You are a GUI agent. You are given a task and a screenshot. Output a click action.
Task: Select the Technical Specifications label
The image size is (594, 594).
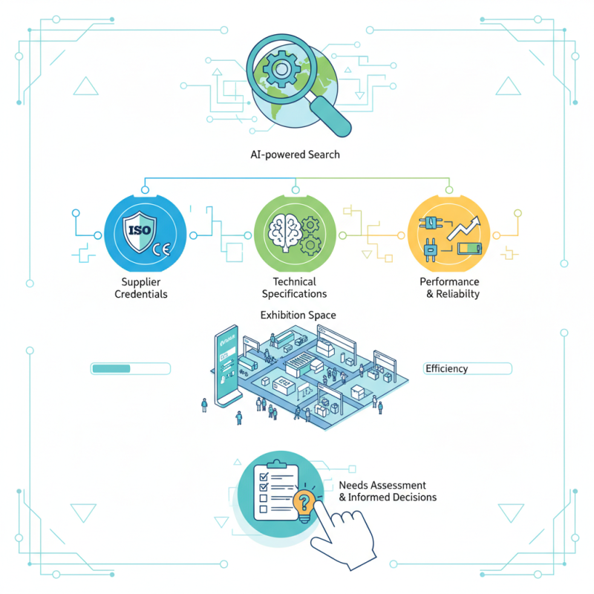(x=295, y=288)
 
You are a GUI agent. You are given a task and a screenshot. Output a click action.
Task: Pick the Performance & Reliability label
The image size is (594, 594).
(x=449, y=288)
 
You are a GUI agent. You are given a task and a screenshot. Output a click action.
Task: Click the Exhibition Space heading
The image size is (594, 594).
(x=298, y=316)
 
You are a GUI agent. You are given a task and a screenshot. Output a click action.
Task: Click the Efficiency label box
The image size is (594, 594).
(x=467, y=368)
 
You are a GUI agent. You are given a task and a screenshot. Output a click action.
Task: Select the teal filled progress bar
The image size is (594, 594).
(x=110, y=368)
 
